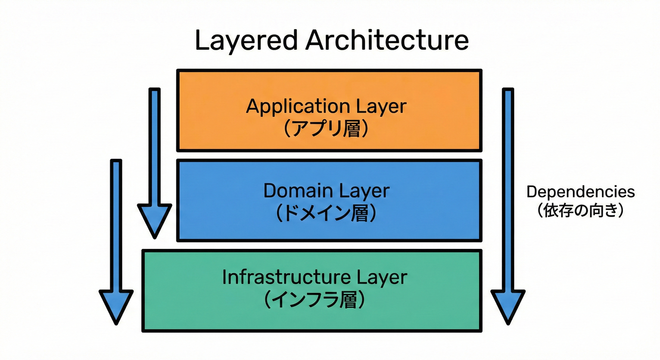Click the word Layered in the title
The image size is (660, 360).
click(x=245, y=41)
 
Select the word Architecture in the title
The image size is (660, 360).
click(x=387, y=41)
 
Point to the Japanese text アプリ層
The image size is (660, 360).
click(x=327, y=128)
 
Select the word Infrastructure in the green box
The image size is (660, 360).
click(x=285, y=277)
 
